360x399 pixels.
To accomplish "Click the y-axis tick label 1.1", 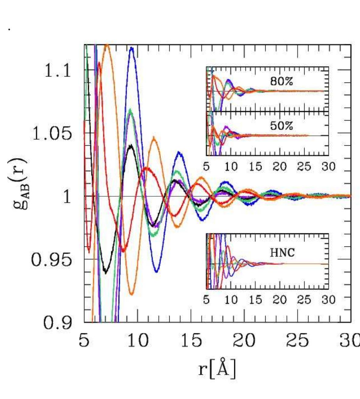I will point(58,71).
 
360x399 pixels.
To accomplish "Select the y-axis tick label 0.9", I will point(58,323).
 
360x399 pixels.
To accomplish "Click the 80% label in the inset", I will point(281,81).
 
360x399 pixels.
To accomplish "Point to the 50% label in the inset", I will point(281,125).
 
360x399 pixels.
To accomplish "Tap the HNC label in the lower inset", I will point(282,252).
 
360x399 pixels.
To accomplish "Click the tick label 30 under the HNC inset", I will point(329,300).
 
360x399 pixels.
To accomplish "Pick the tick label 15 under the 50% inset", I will point(255,166).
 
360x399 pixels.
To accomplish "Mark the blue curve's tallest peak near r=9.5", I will point(132,48).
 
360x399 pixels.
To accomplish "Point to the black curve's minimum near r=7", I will point(106,273).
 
